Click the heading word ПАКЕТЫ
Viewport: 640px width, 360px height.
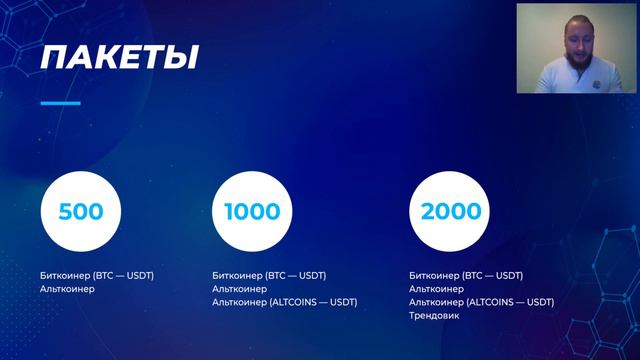click(118, 57)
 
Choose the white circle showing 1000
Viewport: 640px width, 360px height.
click(252, 212)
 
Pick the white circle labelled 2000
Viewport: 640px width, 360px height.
click(450, 212)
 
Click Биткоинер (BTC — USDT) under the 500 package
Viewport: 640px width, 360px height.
click(97, 275)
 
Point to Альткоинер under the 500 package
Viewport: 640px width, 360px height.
click(68, 289)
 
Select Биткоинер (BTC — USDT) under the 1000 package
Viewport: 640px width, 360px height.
click(269, 275)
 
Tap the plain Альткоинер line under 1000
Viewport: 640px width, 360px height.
click(240, 289)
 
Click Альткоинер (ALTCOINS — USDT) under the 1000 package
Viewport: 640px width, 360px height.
click(284, 302)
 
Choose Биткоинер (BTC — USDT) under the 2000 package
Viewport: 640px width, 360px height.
click(466, 275)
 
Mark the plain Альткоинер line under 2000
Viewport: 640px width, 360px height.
click(437, 289)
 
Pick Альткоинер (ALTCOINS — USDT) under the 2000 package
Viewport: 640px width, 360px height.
click(481, 302)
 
